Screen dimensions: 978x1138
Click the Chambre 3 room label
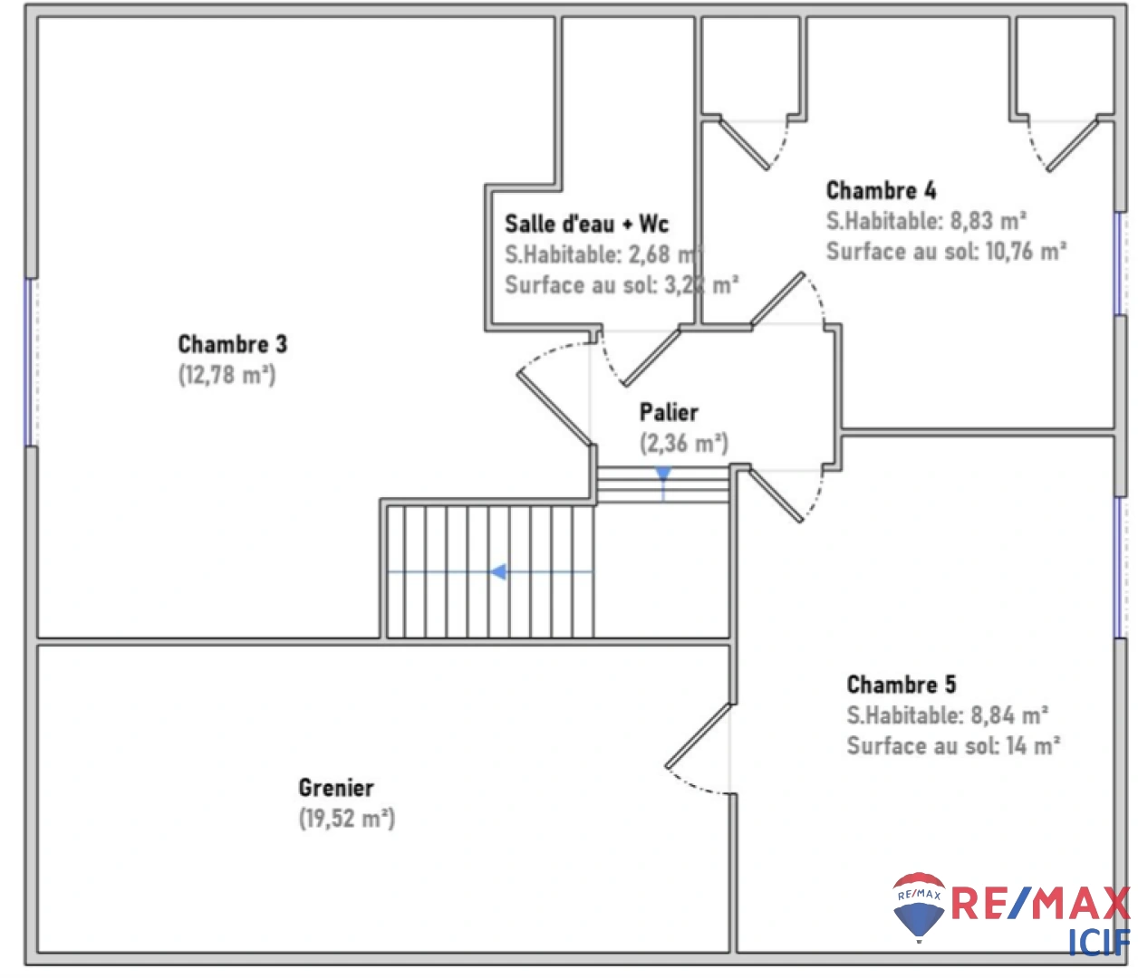coord(232,344)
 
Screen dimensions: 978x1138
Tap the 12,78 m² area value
coord(227,375)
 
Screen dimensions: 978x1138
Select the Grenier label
coord(336,788)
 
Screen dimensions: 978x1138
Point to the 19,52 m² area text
coord(347,819)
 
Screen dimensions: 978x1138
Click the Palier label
coord(669,413)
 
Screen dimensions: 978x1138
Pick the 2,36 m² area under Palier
coord(683,444)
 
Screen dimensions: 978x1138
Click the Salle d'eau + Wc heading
coord(586,224)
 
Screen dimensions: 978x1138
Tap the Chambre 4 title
coord(881,190)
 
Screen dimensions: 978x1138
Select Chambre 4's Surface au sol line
coord(946,252)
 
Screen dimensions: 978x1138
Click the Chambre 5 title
coord(901,685)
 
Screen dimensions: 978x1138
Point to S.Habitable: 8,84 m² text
coord(947,715)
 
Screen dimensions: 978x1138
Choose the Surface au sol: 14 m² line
coord(953,746)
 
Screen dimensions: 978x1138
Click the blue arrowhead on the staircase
coord(497,572)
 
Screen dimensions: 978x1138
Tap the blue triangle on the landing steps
coord(663,474)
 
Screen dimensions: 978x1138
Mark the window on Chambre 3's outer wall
coord(30,361)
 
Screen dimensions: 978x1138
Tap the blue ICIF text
coord(1098,943)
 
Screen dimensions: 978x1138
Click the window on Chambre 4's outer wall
coord(1120,263)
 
